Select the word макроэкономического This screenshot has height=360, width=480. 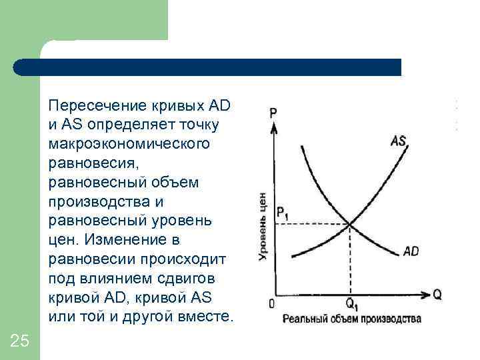tap(119, 143)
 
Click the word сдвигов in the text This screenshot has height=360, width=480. tap(194, 277)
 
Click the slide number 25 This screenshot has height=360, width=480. tap(20, 341)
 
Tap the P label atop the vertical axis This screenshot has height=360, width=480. tap(274, 113)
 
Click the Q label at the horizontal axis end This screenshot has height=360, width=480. tap(437, 294)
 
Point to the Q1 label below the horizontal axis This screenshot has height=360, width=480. tap(351, 307)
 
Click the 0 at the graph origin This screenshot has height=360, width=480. tap(271, 304)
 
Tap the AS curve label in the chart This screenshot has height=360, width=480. tap(399, 141)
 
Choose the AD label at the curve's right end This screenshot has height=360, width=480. tap(411, 252)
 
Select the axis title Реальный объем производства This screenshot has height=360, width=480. tap(352, 319)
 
